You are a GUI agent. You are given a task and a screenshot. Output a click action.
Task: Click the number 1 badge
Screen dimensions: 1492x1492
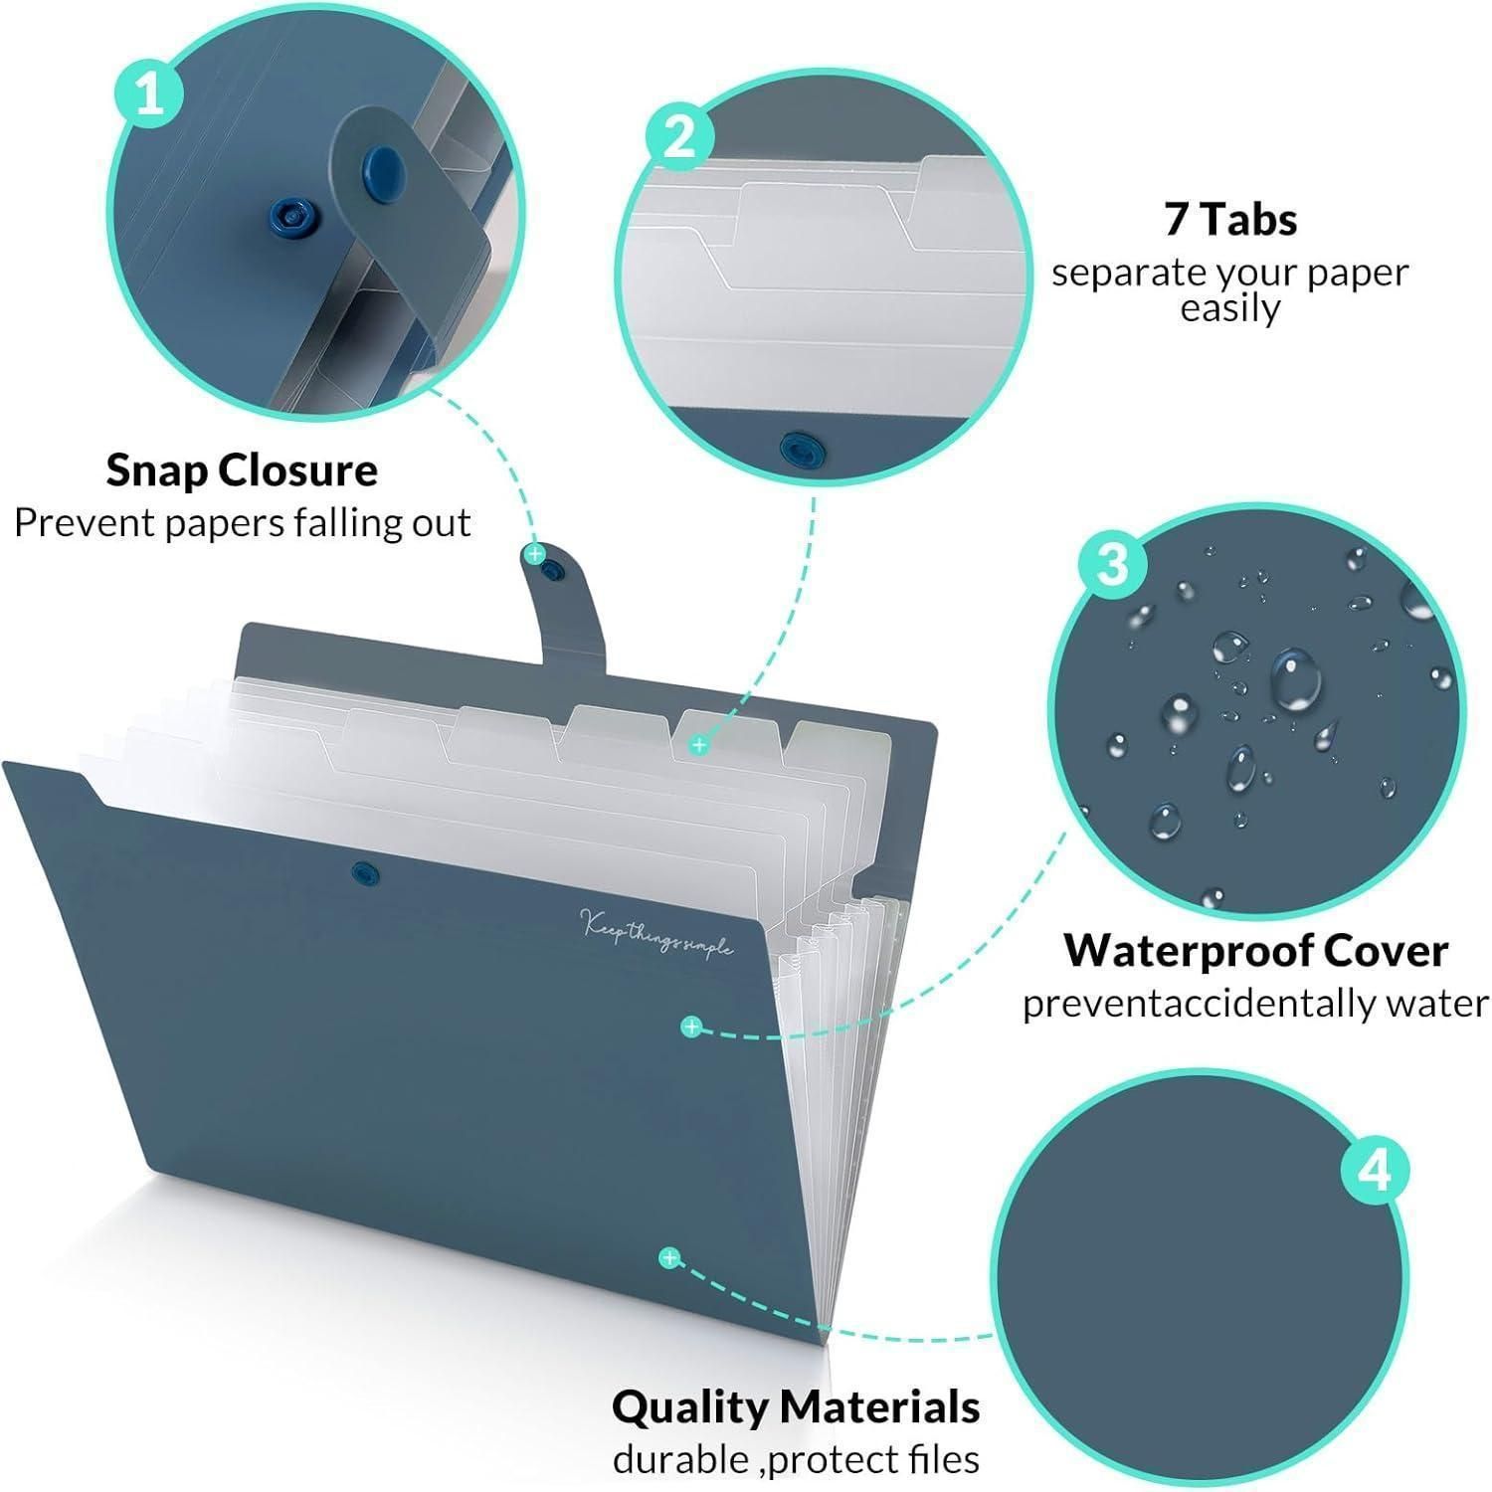pos(150,96)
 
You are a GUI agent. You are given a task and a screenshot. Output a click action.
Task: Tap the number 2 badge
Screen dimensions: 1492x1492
pos(679,134)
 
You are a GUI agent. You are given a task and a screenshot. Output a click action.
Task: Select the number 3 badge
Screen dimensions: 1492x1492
pos(1113,563)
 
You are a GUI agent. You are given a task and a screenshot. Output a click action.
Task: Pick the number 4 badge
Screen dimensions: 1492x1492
pos(1376,1171)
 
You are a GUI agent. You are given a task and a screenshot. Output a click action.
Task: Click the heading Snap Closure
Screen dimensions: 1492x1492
pos(242,470)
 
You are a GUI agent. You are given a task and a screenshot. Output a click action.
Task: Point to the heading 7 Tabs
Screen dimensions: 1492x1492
pos(1230,220)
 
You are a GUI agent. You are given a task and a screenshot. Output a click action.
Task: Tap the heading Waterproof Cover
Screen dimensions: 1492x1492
pos(1255,951)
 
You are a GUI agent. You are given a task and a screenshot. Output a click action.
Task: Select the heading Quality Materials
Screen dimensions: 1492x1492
pos(796,1407)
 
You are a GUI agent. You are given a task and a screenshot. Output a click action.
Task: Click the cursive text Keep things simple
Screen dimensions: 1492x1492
pos(657,933)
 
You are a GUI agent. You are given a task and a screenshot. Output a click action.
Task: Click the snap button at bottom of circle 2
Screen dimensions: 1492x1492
pos(796,447)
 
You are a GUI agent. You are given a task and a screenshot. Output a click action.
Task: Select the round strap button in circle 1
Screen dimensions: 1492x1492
pos(379,163)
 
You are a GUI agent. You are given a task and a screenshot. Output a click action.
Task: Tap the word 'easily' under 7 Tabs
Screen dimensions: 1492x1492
pos(1229,308)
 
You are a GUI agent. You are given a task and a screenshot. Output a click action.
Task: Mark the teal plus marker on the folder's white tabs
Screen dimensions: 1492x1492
pos(699,744)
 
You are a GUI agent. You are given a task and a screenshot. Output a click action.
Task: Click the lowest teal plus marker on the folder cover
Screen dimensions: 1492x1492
pos(670,1258)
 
